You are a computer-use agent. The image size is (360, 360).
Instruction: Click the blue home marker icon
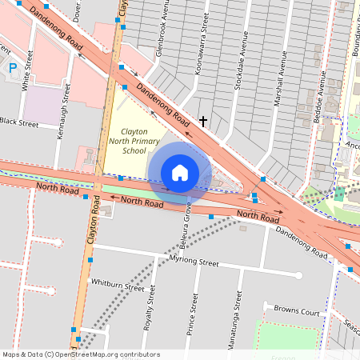pyautogui.click(x=180, y=173)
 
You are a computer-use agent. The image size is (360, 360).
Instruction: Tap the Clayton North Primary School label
pyautogui.click(x=133, y=142)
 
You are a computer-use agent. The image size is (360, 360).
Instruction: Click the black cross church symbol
pyautogui.click(x=203, y=122)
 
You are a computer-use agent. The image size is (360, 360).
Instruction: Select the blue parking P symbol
pyautogui.click(x=12, y=68)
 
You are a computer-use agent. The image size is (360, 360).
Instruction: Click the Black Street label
pyautogui.click(x=19, y=123)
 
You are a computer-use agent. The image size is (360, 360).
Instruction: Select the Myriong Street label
pyautogui.click(x=194, y=262)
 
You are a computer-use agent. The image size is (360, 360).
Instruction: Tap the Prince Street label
pyautogui.click(x=194, y=314)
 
